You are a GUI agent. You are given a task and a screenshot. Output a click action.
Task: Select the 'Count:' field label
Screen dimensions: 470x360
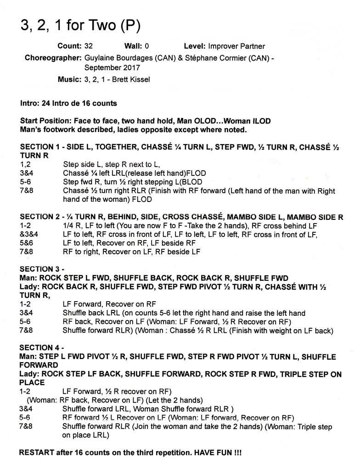click(x=70, y=46)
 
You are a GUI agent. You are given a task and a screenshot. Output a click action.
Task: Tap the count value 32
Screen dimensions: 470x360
click(x=90, y=46)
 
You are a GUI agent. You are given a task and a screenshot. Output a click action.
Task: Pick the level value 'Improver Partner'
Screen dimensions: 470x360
click(x=236, y=46)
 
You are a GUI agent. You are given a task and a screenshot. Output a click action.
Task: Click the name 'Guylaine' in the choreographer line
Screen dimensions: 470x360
click(x=99, y=58)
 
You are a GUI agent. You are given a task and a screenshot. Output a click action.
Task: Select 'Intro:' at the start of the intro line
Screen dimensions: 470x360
click(x=30, y=104)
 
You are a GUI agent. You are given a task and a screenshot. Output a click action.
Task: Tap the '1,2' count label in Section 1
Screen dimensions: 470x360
click(x=25, y=164)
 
